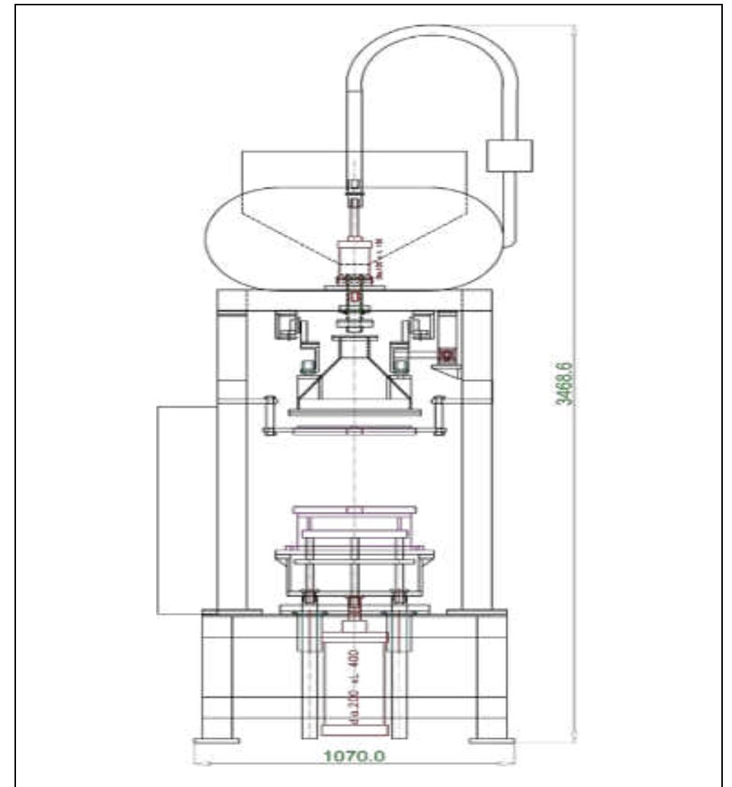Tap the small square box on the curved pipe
pyautogui.click(x=509, y=156)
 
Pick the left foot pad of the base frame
pyautogui.click(x=217, y=740)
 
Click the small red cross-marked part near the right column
pyautogui.click(x=447, y=355)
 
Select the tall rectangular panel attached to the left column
pyautogui.click(x=186, y=509)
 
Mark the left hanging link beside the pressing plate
pyautogui.click(x=268, y=416)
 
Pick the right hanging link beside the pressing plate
pyautogui.click(x=439, y=416)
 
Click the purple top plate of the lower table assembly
pyautogui.click(x=354, y=509)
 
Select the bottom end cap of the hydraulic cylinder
pyautogui.click(x=354, y=731)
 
